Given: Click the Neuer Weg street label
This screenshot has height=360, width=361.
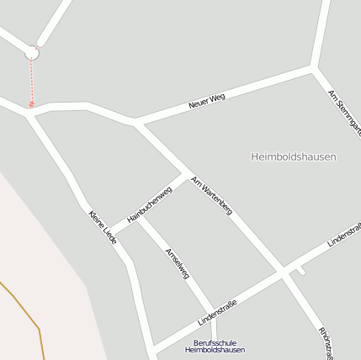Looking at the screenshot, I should (x=207, y=102).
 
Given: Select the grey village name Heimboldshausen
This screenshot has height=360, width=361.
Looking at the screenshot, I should (x=294, y=156).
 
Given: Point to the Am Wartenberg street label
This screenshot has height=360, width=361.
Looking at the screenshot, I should (x=211, y=195).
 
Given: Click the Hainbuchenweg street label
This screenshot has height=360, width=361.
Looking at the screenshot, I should (x=149, y=204).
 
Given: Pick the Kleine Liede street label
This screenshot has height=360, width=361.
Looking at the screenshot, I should (x=102, y=228).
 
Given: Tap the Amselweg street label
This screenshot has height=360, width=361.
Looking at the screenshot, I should (x=177, y=263).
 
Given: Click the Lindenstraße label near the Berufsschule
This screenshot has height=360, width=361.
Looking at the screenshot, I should (x=217, y=313).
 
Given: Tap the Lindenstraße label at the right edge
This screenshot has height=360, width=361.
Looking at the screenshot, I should (x=343, y=234).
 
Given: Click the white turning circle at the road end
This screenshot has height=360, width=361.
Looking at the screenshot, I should (x=32, y=52).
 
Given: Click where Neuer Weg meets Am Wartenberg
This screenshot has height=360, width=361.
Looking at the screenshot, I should (x=135, y=123).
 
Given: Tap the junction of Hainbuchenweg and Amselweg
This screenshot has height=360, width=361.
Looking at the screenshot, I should (x=139, y=216).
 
